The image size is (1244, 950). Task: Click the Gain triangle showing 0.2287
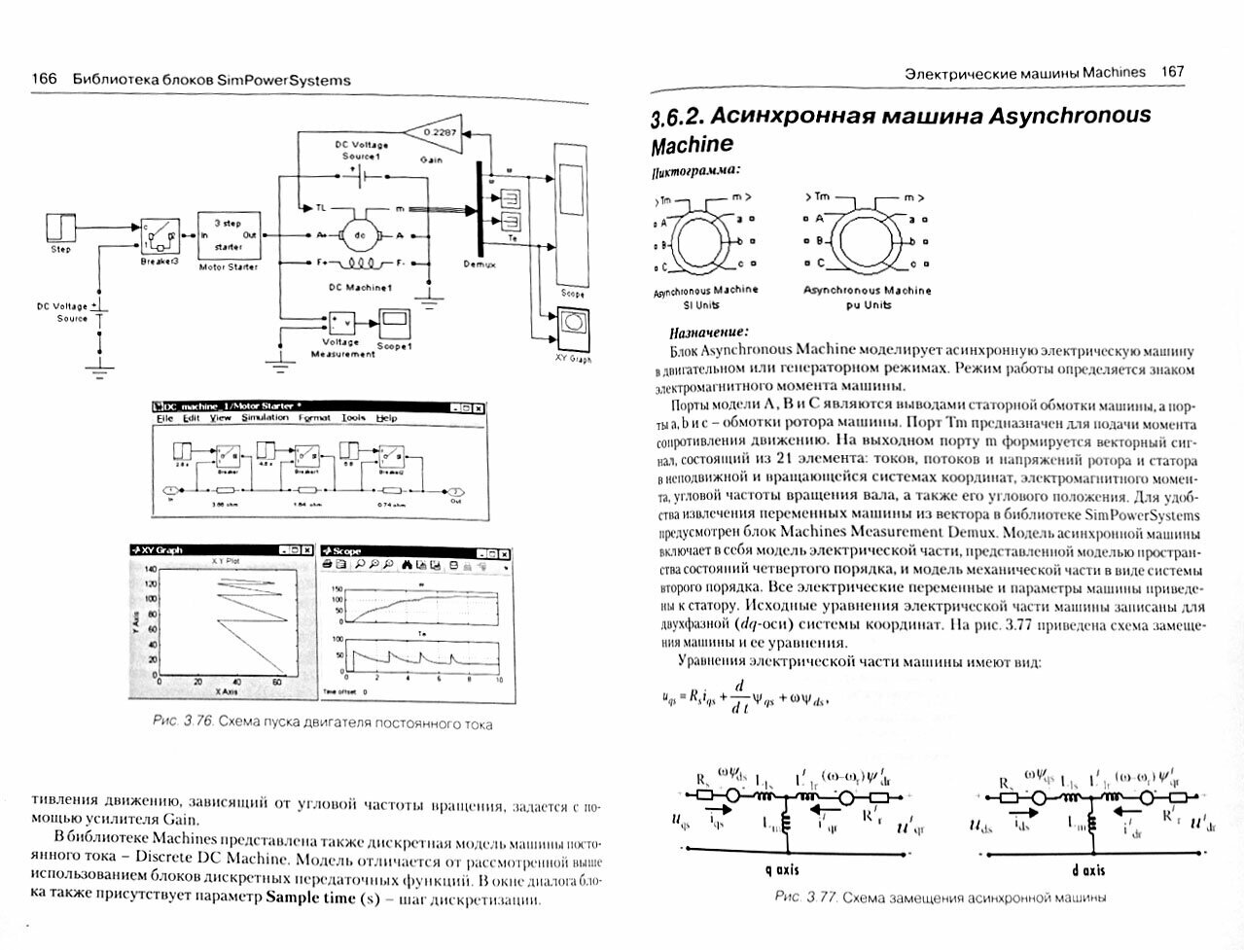click(x=440, y=132)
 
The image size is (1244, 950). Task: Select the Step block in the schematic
click(x=60, y=229)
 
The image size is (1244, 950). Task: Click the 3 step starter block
click(x=229, y=234)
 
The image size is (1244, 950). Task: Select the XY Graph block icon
click(x=573, y=323)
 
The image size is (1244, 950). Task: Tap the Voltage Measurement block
click(x=341, y=325)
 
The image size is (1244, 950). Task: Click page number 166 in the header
click(x=45, y=80)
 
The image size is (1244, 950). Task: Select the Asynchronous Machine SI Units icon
click(x=707, y=239)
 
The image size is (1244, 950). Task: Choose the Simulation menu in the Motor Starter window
click(x=265, y=418)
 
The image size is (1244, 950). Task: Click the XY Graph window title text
click(x=162, y=550)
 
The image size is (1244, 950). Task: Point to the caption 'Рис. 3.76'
click(x=184, y=722)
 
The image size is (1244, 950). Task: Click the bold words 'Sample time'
click(x=311, y=897)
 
